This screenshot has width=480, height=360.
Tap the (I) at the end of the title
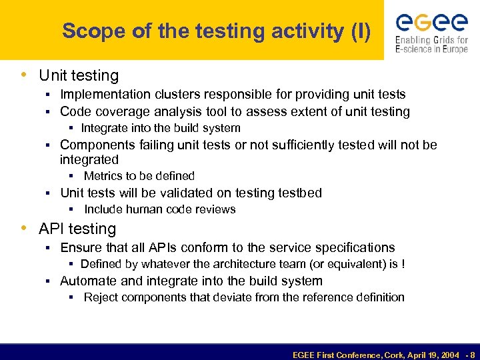360,31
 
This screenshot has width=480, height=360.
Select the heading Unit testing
79,76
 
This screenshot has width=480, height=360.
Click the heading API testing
77,229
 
